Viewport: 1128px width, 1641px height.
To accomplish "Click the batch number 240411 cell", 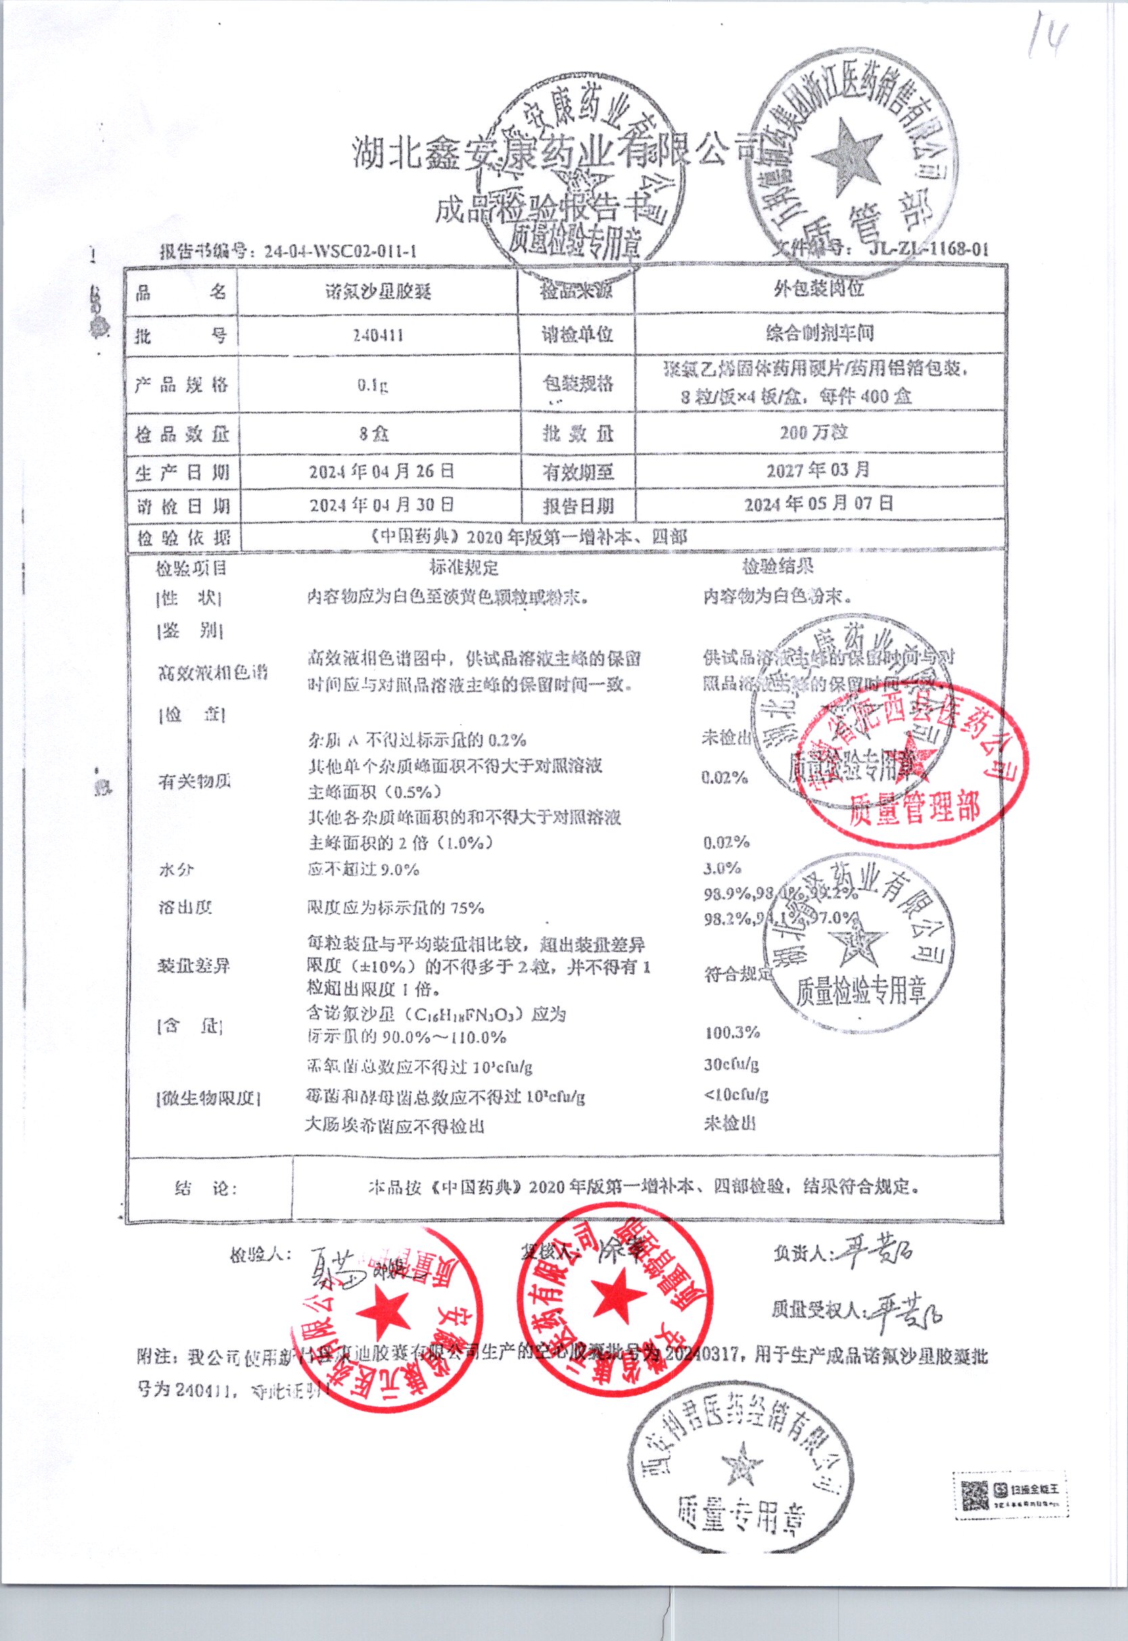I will [x=378, y=334].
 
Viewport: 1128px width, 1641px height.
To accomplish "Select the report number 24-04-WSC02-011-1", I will [x=340, y=251].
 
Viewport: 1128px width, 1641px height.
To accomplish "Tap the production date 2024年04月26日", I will [x=381, y=471].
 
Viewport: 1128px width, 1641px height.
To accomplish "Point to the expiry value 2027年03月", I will [x=818, y=470].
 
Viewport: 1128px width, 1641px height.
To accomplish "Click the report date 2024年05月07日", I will [x=818, y=504].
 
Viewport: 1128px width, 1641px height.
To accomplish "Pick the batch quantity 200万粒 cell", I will [x=814, y=432].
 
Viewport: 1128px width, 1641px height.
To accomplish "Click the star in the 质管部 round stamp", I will [x=846, y=156].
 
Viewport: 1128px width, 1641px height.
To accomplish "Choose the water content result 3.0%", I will [x=722, y=868].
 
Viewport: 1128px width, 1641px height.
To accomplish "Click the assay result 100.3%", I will [x=732, y=1032].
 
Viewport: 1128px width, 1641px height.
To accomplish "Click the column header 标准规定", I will [x=464, y=568].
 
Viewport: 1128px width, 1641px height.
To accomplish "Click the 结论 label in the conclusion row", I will [x=206, y=1188].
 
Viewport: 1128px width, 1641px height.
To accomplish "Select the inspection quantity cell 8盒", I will [x=373, y=433].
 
